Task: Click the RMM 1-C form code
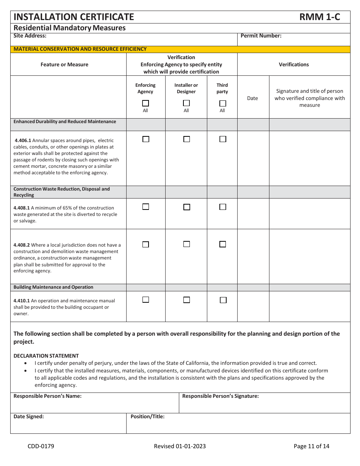(319, 17)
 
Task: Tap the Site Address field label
(30, 36)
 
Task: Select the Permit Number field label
(261, 36)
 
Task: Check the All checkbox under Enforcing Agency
(146, 103)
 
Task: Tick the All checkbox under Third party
(222, 103)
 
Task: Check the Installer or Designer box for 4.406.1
(186, 139)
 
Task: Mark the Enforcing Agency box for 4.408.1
(146, 207)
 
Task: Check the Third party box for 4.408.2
(223, 244)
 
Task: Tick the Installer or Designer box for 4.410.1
(186, 300)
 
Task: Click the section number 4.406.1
(23, 141)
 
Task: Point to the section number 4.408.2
(22, 245)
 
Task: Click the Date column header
(252, 98)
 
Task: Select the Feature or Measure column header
(64, 65)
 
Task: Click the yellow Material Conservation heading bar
(180, 49)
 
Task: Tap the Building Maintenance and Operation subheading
(53, 287)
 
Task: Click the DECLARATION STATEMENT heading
(46, 356)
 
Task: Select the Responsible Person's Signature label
(221, 396)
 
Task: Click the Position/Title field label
(147, 416)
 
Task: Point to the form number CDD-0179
(41, 446)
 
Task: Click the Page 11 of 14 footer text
(311, 446)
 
